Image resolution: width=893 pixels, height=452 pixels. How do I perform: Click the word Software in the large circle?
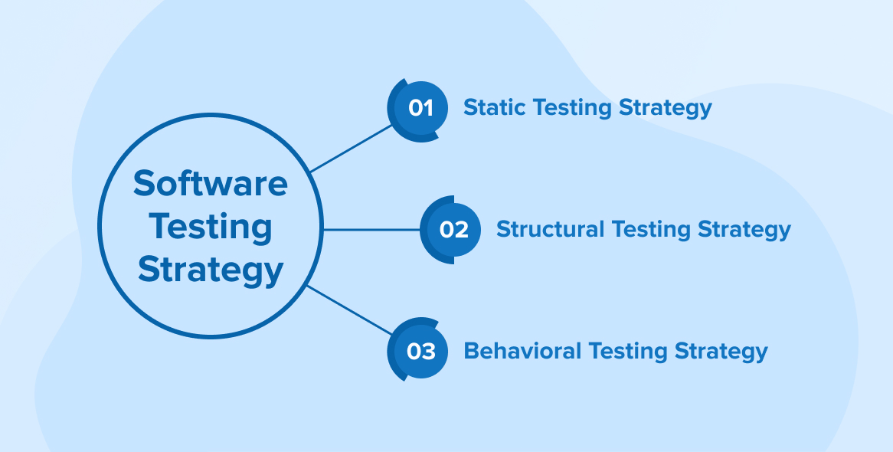(x=210, y=183)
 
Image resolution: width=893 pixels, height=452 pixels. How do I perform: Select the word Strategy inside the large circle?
(x=210, y=271)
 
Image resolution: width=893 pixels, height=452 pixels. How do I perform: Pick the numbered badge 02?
(x=450, y=230)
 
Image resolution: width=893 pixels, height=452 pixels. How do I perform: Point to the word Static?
(x=494, y=107)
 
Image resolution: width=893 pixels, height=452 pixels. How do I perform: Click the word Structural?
(x=550, y=229)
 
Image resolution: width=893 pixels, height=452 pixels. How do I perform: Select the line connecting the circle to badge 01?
(x=351, y=149)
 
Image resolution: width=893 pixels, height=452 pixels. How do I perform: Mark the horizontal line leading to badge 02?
(x=371, y=230)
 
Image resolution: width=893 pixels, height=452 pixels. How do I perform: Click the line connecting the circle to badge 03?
(x=349, y=310)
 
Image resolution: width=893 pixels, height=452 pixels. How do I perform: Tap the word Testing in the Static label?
(x=571, y=108)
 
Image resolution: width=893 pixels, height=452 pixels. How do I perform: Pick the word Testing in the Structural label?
(x=651, y=231)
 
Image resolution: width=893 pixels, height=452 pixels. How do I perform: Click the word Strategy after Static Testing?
(x=666, y=108)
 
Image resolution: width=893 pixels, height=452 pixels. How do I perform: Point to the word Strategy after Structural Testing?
(x=744, y=231)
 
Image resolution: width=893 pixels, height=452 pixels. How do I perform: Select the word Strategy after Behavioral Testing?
(x=721, y=352)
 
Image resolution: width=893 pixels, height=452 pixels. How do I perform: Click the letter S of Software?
(x=145, y=183)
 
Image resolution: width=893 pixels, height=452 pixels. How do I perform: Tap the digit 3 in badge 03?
(x=428, y=352)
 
